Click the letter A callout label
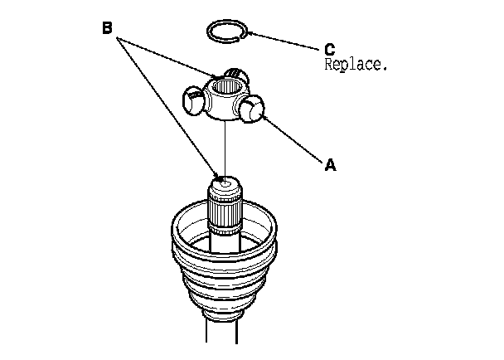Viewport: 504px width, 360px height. pyautogui.click(x=330, y=165)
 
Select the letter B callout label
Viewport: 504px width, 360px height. pyautogui.click(x=107, y=28)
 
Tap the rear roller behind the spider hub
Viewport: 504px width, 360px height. pyautogui.click(x=237, y=78)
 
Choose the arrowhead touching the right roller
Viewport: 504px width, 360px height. pyautogui.click(x=264, y=119)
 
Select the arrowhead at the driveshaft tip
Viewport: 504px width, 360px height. pyautogui.click(x=219, y=175)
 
